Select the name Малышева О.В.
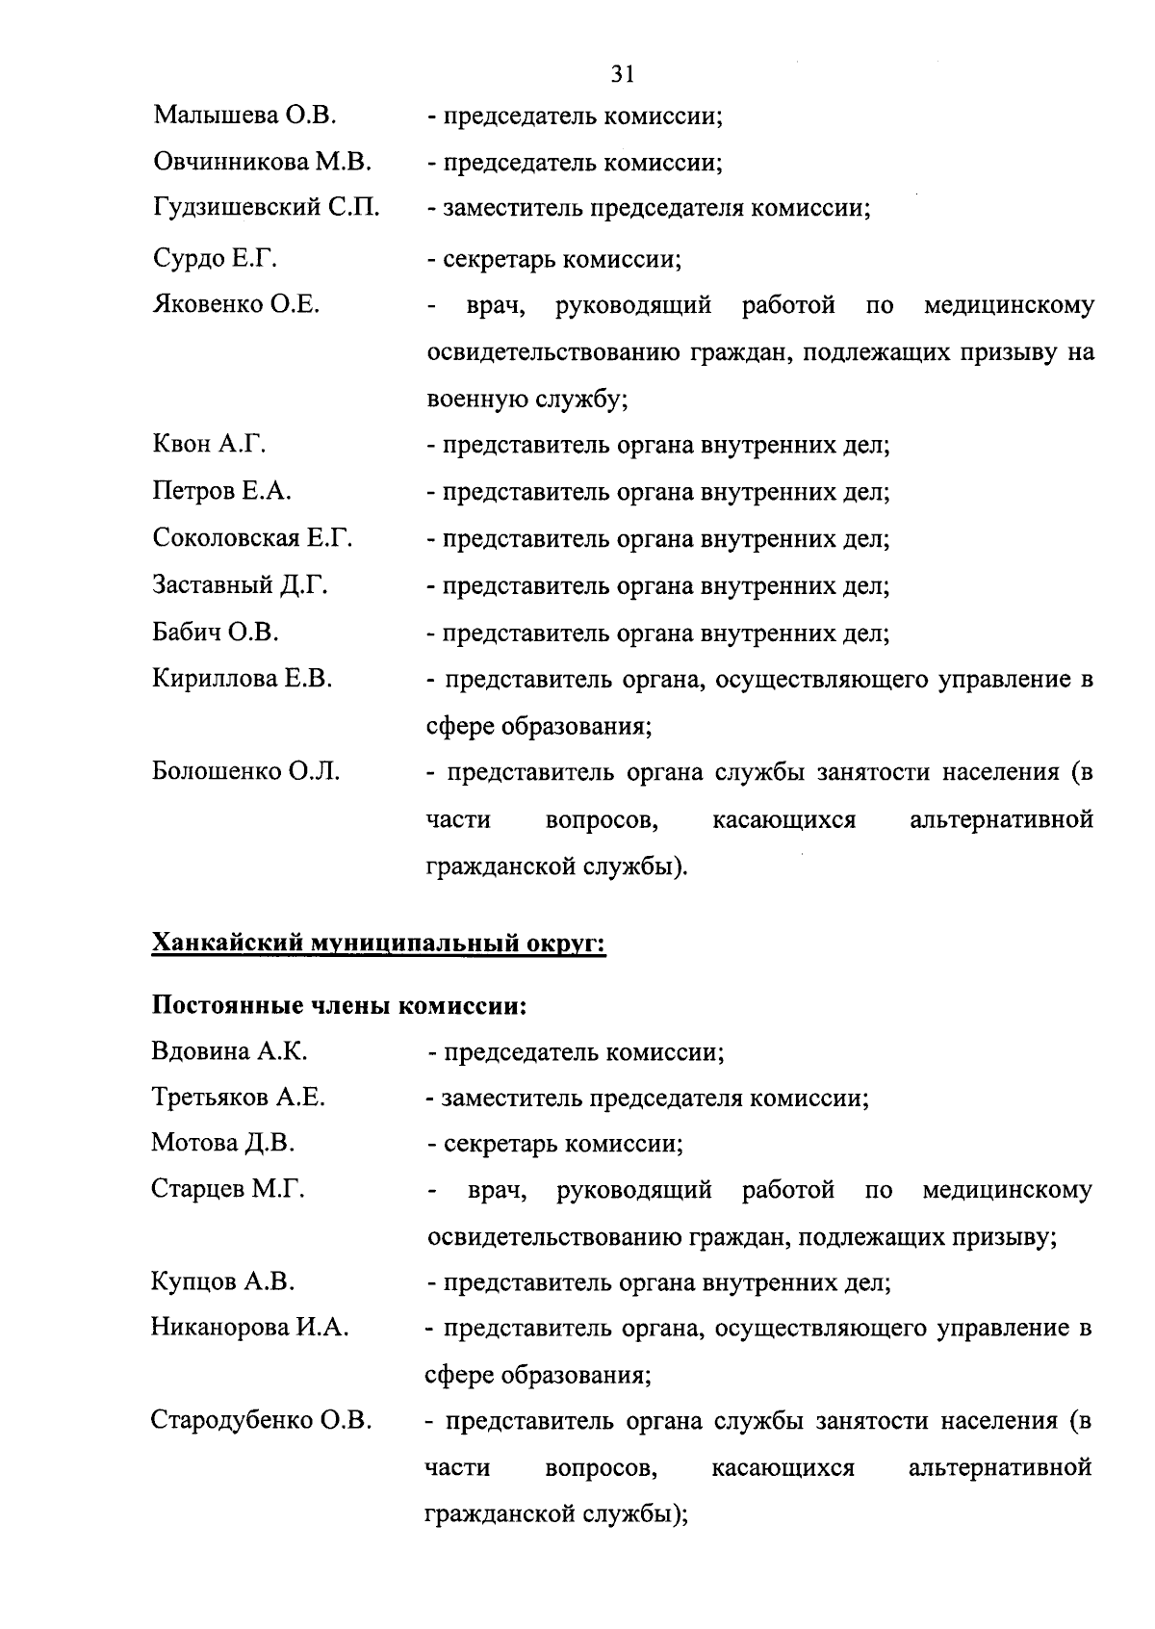[244, 116]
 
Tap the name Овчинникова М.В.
[262, 163]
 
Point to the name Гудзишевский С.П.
[267, 208]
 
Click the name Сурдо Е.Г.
[215, 259]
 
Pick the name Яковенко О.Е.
[237, 305]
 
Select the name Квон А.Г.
[209, 445]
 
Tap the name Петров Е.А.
[221, 492]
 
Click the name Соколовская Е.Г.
[252, 538]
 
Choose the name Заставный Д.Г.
[240, 585]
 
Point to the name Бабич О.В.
[216, 633]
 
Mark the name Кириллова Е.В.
[243, 679]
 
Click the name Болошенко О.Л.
[246, 772]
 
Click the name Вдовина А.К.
[229, 1050]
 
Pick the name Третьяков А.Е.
[238, 1097]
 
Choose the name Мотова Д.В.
[222, 1143]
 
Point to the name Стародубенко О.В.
[261, 1420]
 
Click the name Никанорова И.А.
[249, 1328]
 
